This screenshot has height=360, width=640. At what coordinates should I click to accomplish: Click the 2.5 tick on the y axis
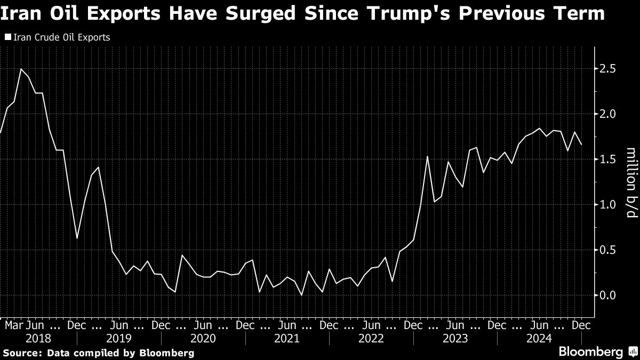608,69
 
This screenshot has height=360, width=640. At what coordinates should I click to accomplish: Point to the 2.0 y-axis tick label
608,114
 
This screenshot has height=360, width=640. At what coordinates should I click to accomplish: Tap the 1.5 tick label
608,159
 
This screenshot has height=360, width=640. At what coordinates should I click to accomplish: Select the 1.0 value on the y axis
608,205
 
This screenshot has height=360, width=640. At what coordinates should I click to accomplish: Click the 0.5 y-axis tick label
608,250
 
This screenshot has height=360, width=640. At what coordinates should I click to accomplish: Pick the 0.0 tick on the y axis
608,295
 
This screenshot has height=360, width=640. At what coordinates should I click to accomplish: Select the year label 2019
119,338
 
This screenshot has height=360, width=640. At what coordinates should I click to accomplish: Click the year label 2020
203,338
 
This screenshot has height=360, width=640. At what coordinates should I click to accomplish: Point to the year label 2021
287,338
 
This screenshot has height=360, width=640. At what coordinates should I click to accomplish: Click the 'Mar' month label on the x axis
14,325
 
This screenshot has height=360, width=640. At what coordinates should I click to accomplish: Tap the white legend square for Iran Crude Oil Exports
7,38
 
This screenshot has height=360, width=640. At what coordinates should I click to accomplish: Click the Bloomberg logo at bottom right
590,352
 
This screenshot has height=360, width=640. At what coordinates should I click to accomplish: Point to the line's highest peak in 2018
21,69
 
